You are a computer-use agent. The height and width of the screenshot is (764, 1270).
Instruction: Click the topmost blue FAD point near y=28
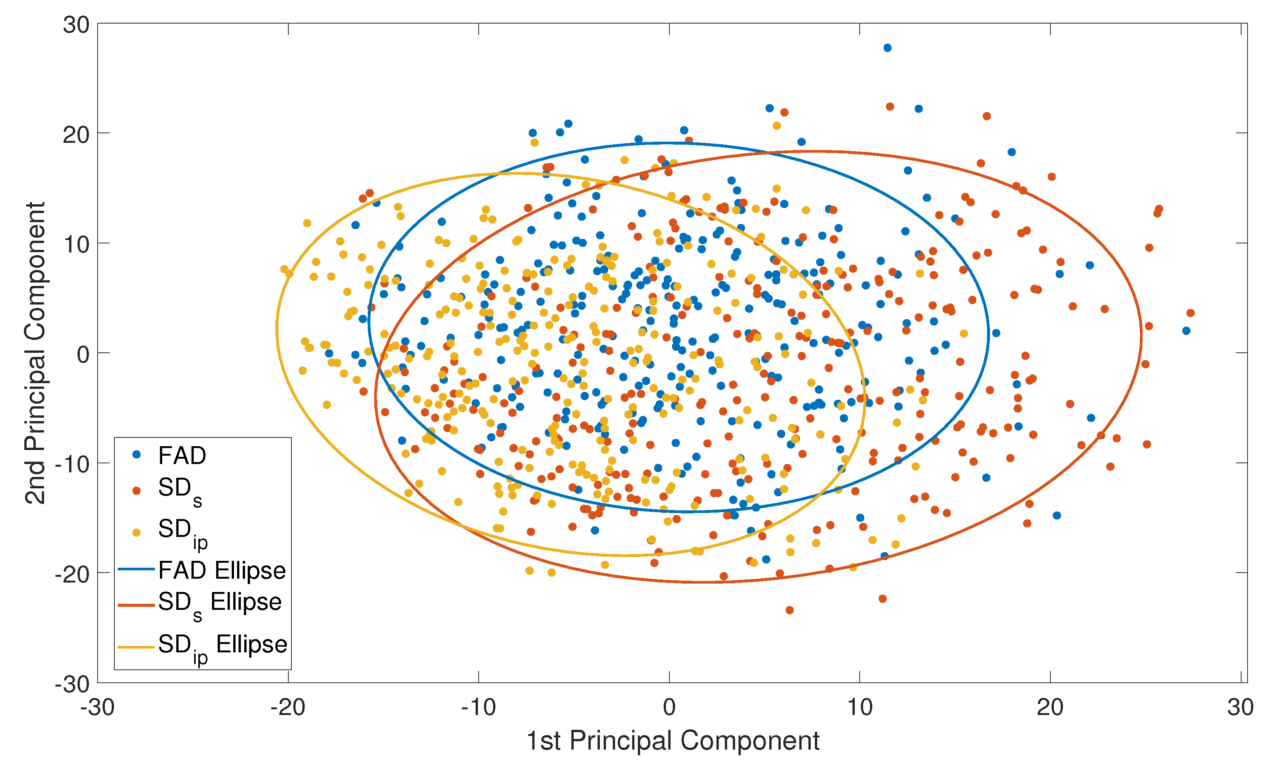(x=887, y=48)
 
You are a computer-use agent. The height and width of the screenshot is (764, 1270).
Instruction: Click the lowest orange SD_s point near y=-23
(x=789, y=610)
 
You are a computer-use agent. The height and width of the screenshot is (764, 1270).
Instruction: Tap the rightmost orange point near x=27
(x=1190, y=313)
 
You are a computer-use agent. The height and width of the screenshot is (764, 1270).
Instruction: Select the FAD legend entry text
(x=182, y=456)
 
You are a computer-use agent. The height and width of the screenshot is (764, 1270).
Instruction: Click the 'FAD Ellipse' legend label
(x=221, y=570)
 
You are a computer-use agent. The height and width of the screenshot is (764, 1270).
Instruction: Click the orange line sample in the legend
(x=136, y=605)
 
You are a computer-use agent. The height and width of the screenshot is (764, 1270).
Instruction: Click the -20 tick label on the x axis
(x=288, y=708)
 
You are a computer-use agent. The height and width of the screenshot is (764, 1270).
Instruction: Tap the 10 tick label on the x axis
(x=860, y=708)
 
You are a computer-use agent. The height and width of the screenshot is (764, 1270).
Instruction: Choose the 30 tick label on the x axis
(x=1240, y=708)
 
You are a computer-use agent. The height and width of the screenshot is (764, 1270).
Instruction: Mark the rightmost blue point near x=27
(x=1186, y=330)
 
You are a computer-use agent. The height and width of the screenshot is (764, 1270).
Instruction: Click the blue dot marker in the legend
(x=136, y=455)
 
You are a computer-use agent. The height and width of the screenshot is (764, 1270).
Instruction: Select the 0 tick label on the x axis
(x=669, y=708)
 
